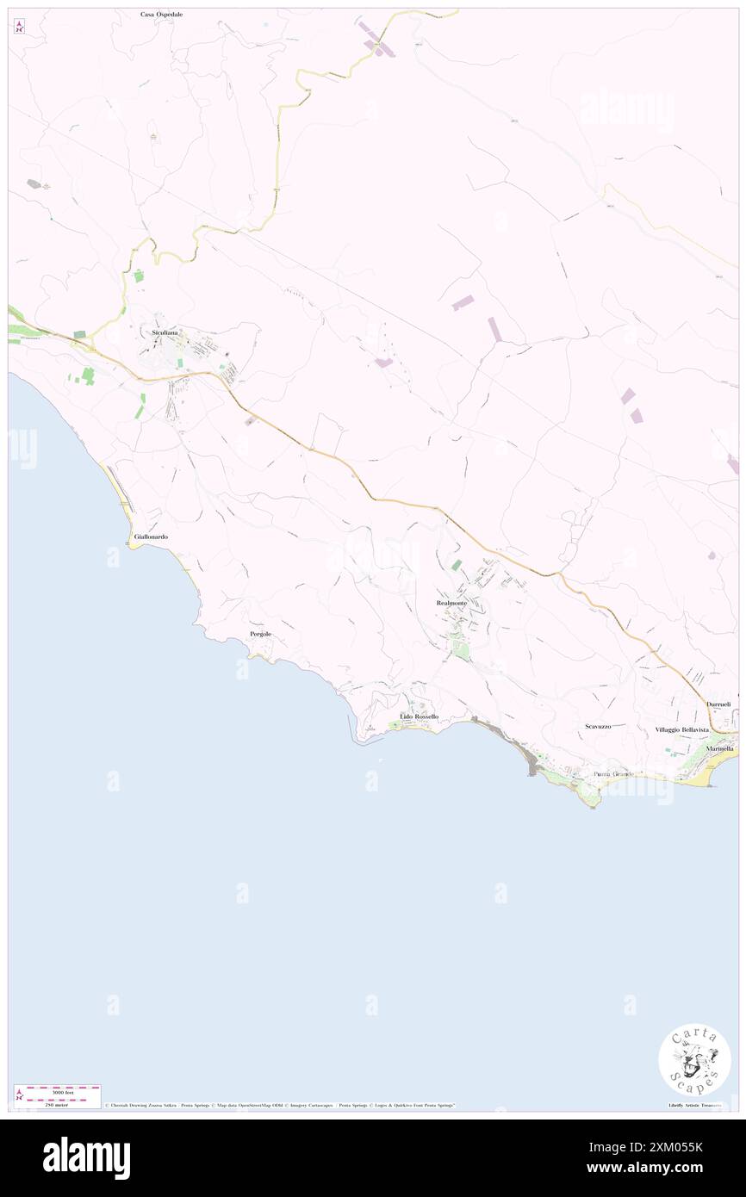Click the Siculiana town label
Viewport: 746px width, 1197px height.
click(159, 332)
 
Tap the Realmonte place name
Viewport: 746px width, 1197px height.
click(452, 603)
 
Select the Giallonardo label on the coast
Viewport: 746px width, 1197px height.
click(151, 536)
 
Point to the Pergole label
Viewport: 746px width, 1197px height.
click(260, 634)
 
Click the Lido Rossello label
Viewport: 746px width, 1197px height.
click(420, 716)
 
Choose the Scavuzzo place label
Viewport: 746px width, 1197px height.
click(598, 726)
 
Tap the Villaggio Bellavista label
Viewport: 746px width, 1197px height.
click(681, 729)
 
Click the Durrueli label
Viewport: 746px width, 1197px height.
click(718, 704)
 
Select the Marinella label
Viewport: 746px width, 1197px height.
click(719, 748)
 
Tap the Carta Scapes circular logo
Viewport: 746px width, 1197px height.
click(694, 1060)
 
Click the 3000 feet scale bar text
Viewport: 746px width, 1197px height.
click(58, 1092)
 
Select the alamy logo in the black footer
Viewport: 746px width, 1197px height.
click(86, 1158)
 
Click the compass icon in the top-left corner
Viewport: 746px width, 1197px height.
click(19, 27)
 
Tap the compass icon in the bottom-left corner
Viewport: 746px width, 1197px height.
click(19, 1095)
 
